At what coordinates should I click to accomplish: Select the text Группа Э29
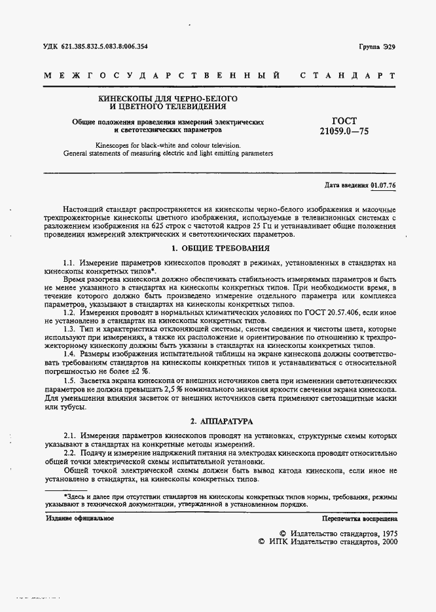(377, 47)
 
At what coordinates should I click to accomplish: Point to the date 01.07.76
(384, 185)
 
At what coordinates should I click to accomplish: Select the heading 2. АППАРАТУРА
(221, 422)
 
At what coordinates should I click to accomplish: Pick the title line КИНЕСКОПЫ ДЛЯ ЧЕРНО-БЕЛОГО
(168, 97)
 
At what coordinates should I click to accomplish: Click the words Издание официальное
(80, 518)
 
